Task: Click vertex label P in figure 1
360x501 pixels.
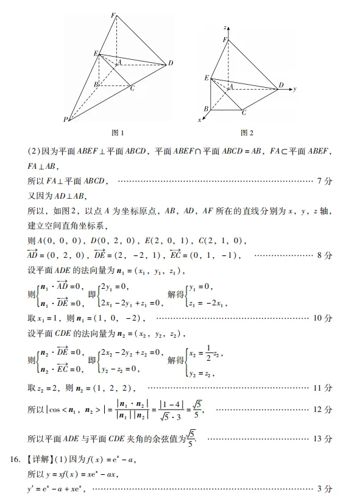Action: click(66, 119)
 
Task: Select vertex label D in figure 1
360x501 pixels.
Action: click(171, 63)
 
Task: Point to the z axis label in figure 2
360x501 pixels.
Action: click(225, 28)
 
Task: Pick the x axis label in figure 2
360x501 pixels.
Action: click(200, 120)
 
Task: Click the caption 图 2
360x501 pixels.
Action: click(247, 132)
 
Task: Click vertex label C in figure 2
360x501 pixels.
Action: click(244, 113)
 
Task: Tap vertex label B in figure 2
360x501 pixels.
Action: click(206, 108)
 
